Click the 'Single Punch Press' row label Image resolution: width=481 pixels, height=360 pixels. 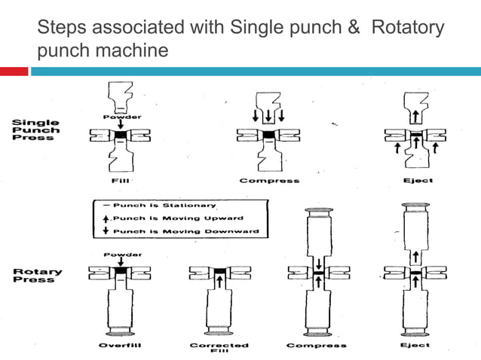pyautogui.click(x=35, y=130)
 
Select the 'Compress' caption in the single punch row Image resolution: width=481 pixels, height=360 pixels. pyautogui.click(x=268, y=181)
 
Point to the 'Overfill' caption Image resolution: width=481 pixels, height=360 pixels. pyautogui.click(x=120, y=345)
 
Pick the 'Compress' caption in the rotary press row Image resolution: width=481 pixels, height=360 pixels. pyautogui.click(x=317, y=345)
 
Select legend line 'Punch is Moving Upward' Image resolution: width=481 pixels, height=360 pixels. pyautogui.click(x=160, y=218)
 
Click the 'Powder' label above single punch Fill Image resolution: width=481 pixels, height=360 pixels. pyautogui.click(x=119, y=117)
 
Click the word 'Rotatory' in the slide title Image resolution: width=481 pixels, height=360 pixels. pyautogui.click(x=406, y=29)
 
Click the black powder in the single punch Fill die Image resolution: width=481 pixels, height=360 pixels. pyautogui.click(x=119, y=136)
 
